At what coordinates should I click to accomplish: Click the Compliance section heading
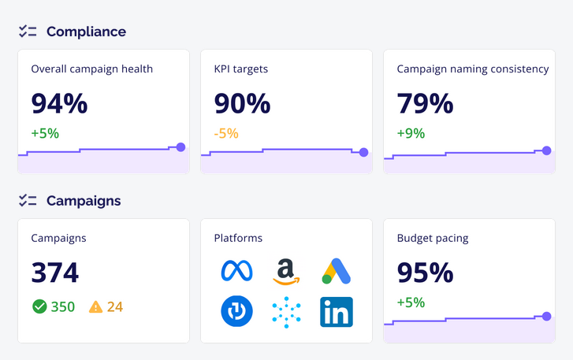(x=86, y=32)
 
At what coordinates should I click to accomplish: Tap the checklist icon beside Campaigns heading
(x=28, y=200)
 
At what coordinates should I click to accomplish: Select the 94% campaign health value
(x=59, y=103)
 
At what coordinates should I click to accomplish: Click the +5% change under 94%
(x=45, y=133)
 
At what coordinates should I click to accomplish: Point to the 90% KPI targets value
(x=242, y=103)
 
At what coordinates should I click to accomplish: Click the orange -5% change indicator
(x=226, y=133)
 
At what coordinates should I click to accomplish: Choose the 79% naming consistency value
(x=425, y=103)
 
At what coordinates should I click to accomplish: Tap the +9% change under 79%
(x=411, y=133)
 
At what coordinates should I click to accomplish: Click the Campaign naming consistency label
(x=473, y=69)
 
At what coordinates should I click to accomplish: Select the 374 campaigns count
(x=55, y=273)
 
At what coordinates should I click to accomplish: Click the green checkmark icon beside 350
(x=39, y=306)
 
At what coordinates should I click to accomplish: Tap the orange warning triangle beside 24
(x=96, y=306)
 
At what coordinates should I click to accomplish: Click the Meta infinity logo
(x=236, y=271)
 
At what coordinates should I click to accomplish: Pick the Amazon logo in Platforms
(x=287, y=272)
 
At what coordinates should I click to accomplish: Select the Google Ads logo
(x=337, y=271)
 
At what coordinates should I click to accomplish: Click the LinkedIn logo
(x=337, y=312)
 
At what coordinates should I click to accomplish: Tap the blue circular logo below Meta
(x=236, y=312)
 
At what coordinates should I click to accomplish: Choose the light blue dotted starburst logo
(x=287, y=312)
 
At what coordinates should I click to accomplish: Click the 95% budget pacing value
(x=425, y=273)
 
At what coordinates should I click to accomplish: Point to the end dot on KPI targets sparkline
(x=363, y=152)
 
